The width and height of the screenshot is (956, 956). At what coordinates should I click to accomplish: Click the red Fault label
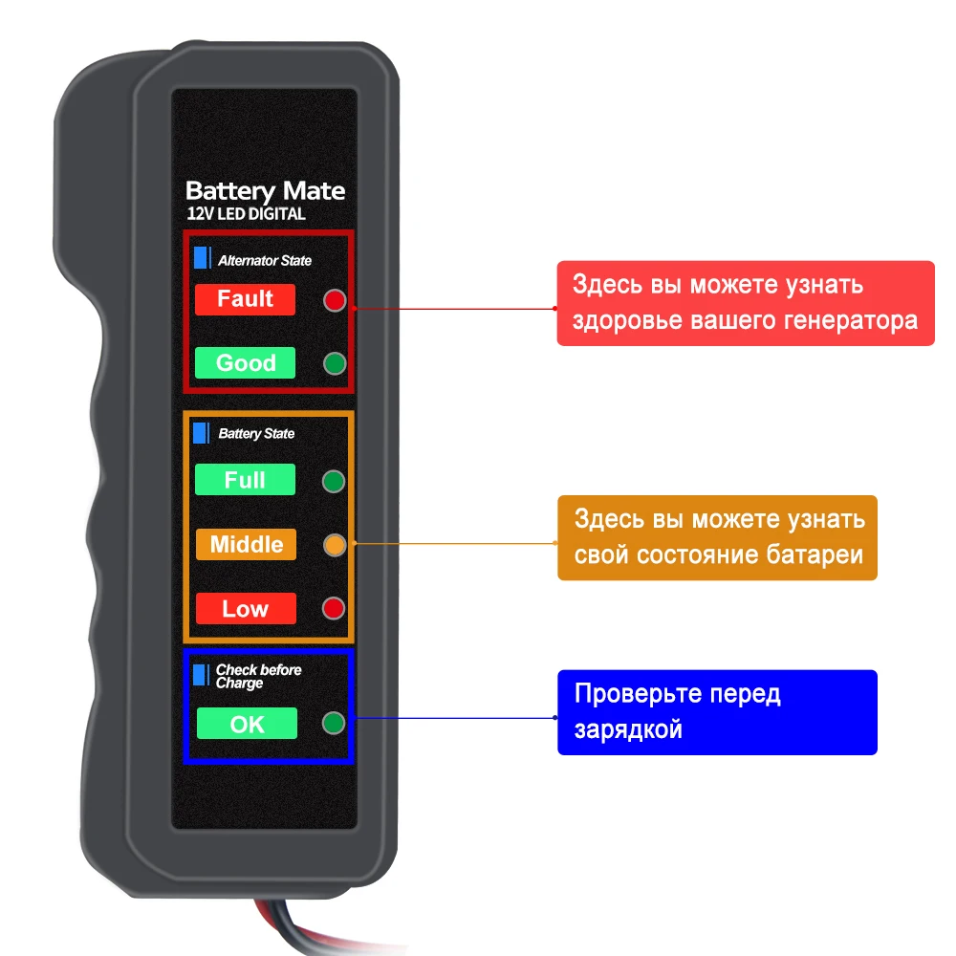245,299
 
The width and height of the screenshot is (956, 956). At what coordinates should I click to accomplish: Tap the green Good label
245,363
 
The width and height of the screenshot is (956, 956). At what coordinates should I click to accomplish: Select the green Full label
245,480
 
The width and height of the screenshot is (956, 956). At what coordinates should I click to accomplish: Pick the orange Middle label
246,545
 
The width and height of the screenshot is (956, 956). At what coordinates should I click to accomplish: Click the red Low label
245,609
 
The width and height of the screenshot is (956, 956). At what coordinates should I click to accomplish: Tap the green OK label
247,724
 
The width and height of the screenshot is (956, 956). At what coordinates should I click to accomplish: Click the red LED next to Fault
335,300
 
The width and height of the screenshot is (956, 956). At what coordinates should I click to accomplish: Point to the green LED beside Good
335,364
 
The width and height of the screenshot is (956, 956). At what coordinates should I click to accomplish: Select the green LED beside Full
335,481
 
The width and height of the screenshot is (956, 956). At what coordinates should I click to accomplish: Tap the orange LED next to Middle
335,546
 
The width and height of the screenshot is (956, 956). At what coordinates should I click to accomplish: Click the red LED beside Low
335,609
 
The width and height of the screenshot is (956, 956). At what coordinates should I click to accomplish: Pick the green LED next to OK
335,724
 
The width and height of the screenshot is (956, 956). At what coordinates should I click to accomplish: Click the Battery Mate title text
265,190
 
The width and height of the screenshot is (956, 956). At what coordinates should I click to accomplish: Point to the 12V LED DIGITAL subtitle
247,214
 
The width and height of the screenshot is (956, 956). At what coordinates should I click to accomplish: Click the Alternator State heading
265,260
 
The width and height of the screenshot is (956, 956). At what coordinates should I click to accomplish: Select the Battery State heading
256,434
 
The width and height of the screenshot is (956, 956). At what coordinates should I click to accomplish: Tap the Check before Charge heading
258,677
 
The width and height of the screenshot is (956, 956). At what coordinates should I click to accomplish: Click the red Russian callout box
746,303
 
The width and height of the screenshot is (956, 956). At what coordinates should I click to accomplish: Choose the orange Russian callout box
717,537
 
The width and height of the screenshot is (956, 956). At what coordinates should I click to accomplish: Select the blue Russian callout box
717,712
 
